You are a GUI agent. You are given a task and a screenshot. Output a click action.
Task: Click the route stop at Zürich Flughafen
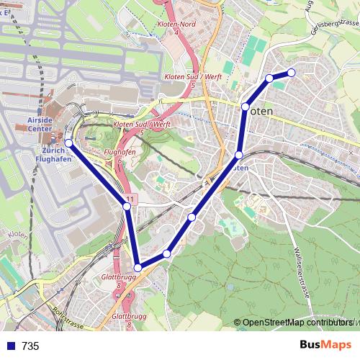click(69, 143)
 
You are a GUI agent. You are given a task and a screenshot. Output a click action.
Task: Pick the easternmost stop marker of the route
click(292, 71)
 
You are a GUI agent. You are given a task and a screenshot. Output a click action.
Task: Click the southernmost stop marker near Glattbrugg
click(138, 268)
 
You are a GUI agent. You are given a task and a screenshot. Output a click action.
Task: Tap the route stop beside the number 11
click(127, 206)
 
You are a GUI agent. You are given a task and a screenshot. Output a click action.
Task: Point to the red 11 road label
click(129, 198)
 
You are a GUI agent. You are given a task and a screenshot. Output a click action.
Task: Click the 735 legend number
click(30, 346)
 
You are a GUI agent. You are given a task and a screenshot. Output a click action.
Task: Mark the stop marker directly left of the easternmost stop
click(269, 78)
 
